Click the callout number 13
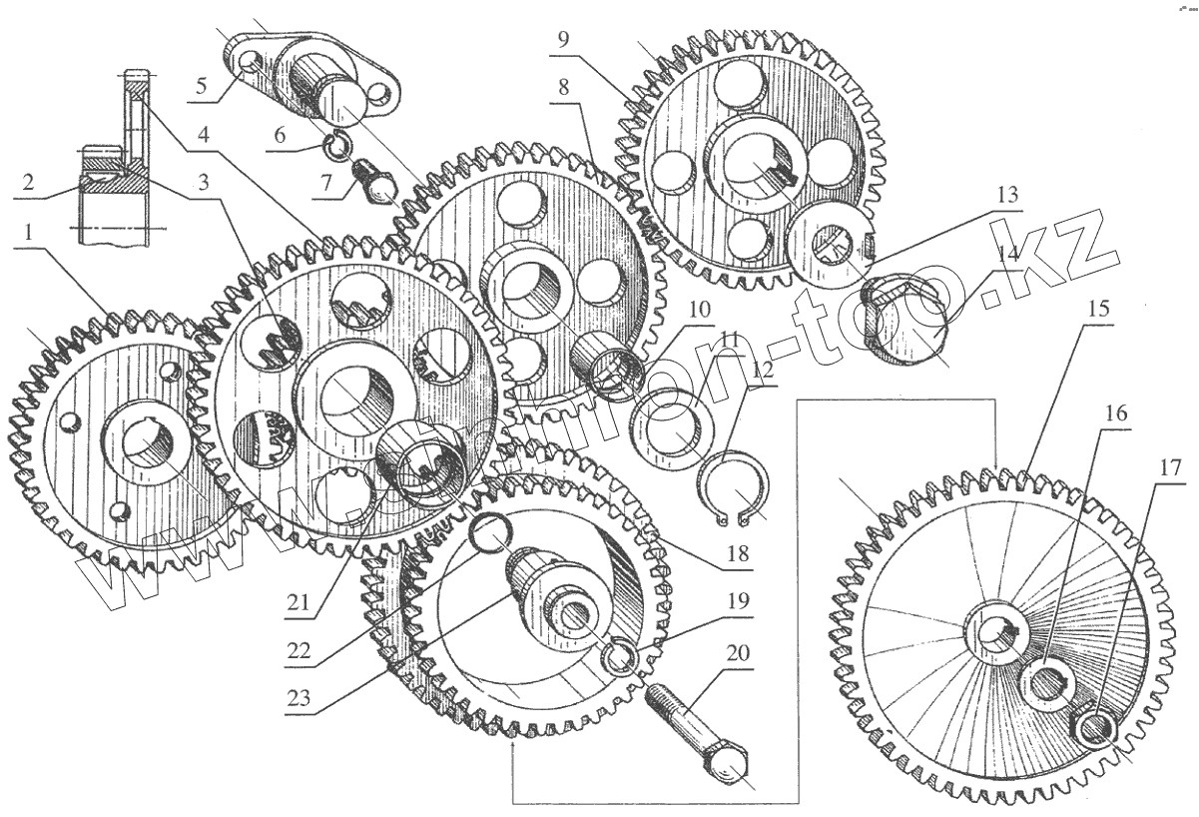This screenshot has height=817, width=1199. (1008, 195)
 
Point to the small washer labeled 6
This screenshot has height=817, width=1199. (337, 148)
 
